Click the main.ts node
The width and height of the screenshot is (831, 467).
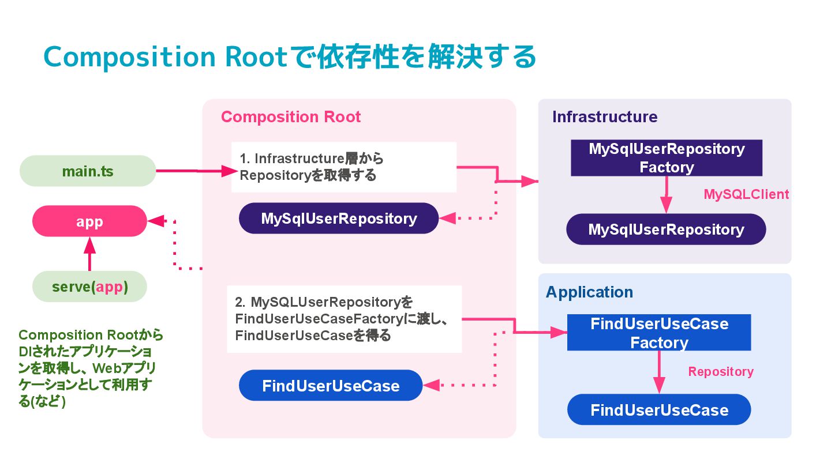point(88,171)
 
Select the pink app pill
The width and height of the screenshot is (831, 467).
point(89,221)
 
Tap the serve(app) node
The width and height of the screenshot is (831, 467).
point(89,287)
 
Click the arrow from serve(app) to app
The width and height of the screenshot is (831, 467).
point(89,254)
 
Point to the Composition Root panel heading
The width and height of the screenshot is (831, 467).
point(291,116)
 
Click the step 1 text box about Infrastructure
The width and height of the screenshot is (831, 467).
point(344,167)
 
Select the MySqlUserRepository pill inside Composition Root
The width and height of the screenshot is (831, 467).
point(339,218)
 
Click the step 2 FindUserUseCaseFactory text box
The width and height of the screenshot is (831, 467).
point(345,319)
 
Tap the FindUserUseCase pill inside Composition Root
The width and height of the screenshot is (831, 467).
point(331,386)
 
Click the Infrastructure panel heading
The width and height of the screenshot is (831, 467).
point(605,116)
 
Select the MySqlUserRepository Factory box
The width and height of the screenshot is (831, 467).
point(667,158)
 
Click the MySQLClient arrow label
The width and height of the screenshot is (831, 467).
point(746,194)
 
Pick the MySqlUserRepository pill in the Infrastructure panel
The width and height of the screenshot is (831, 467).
point(666,229)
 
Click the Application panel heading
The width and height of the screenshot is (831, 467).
point(589,292)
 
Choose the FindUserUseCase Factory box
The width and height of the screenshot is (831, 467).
point(659,333)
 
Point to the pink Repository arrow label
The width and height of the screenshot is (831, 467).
point(720,371)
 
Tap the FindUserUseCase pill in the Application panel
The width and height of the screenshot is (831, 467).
point(659,409)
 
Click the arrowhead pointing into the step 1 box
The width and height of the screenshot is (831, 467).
point(229,171)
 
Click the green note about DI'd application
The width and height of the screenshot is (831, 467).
point(91,368)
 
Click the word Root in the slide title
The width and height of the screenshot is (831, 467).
point(256,57)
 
